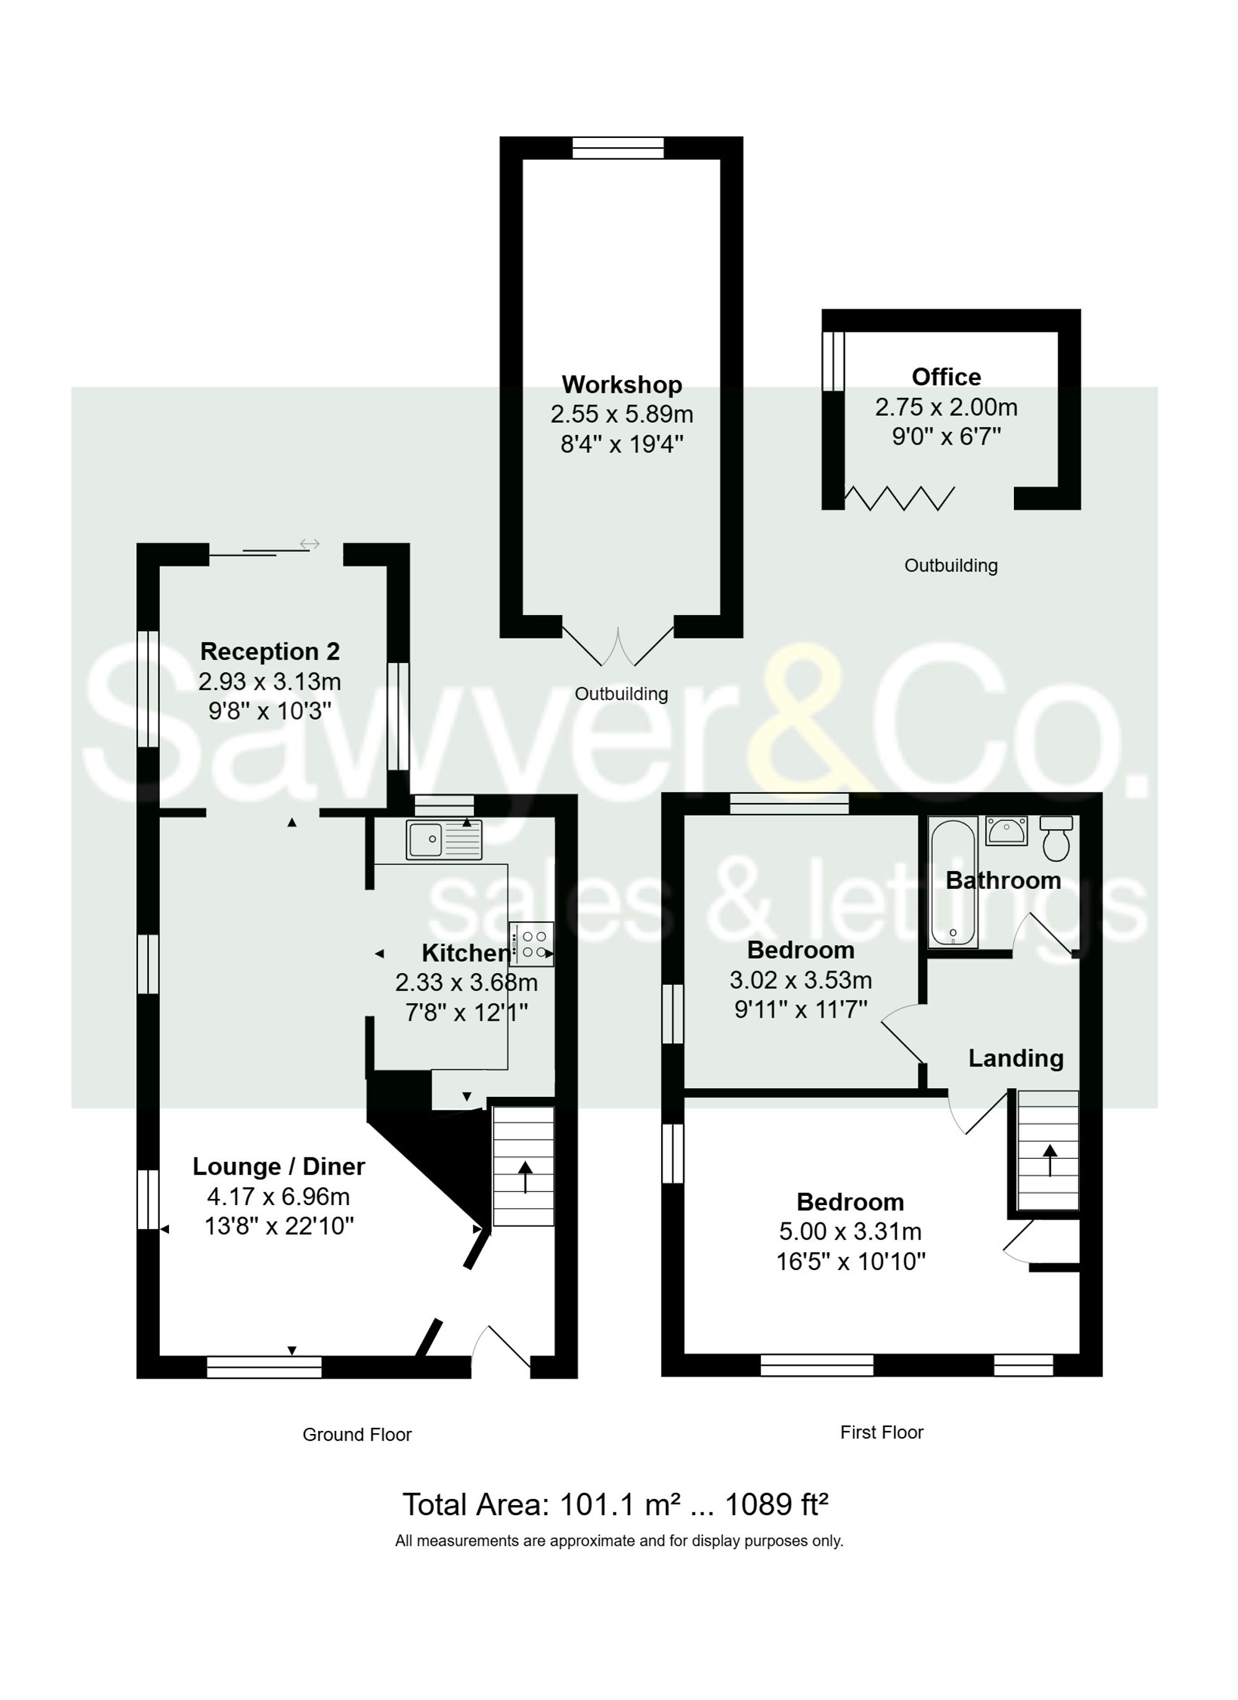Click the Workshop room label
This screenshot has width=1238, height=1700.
pos(621,385)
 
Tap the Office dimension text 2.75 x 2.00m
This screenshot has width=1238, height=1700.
pos(946,407)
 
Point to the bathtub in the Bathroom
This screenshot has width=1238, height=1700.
pos(952,882)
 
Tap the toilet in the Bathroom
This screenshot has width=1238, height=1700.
pos(1056,839)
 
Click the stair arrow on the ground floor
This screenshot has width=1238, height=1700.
pos(524,1176)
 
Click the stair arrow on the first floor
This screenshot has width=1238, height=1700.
pos(1050,1161)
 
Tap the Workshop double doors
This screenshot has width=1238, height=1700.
pos(618,649)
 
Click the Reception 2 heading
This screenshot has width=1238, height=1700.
pos(270,651)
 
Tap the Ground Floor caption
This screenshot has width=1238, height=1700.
pos(357,1435)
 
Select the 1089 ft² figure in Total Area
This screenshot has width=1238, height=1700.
pos(776,1505)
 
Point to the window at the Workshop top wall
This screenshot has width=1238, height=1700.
pos(618,148)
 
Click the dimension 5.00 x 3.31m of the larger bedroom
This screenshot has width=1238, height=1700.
pos(851,1232)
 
